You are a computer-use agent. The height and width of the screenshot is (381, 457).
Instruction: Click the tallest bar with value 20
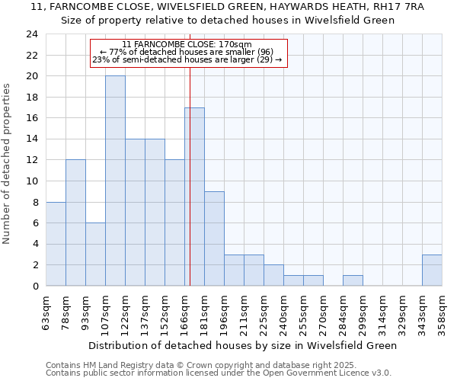[115, 181]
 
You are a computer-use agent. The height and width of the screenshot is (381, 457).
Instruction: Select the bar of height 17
[194, 197]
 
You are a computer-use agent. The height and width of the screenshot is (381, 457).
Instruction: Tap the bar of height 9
[214, 239]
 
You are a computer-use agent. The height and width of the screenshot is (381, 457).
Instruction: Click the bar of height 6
[95, 255]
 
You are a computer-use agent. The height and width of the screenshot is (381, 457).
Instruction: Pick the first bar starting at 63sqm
[56, 244]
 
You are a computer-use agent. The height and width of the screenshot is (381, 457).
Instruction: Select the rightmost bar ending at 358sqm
[432, 271]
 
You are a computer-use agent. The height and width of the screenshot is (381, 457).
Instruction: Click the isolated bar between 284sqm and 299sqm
[353, 280]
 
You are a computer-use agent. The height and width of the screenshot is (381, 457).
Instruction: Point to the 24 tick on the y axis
[32, 34]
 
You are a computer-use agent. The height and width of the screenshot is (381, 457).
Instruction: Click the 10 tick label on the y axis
[32, 181]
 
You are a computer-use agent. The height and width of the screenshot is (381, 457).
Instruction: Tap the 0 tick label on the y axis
[35, 287]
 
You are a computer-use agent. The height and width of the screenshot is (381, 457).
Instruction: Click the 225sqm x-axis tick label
[264, 313]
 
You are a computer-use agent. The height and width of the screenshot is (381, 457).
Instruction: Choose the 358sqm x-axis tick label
[442, 313]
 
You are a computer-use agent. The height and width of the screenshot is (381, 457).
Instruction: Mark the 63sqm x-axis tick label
[46, 313]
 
